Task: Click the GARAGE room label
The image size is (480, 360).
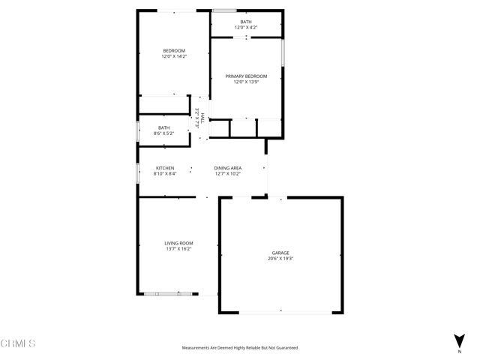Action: tap(280, 253)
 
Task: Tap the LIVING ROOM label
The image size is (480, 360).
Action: tap(179, 243)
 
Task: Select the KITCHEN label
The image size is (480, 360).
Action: tap(165, 167)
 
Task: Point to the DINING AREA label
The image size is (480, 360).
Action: tap(227, 167)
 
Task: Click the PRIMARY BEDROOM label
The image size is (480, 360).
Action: tap(246, 76)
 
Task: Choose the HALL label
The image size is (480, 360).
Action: tap(202, 118)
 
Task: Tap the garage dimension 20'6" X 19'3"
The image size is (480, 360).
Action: tap(280, 259)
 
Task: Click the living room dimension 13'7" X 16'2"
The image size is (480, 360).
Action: tap(179, 249)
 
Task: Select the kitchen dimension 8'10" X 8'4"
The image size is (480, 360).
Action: tap(165, 173)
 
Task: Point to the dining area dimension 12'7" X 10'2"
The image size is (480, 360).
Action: tap(227, 173)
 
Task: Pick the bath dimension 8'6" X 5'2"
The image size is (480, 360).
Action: tap(163, 133)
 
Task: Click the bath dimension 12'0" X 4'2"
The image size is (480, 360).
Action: tap(246, 28)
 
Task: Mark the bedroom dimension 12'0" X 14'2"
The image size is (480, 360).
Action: tap(174, 56)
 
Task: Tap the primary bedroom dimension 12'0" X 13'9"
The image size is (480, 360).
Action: tap(246, 82)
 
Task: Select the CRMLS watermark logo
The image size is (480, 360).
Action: tap(18, 343)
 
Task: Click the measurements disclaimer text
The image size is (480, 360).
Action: tap(240, 348)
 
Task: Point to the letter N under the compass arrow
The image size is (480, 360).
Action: tap(459, 351)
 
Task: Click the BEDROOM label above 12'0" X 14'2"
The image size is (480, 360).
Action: tap(174, 50)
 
